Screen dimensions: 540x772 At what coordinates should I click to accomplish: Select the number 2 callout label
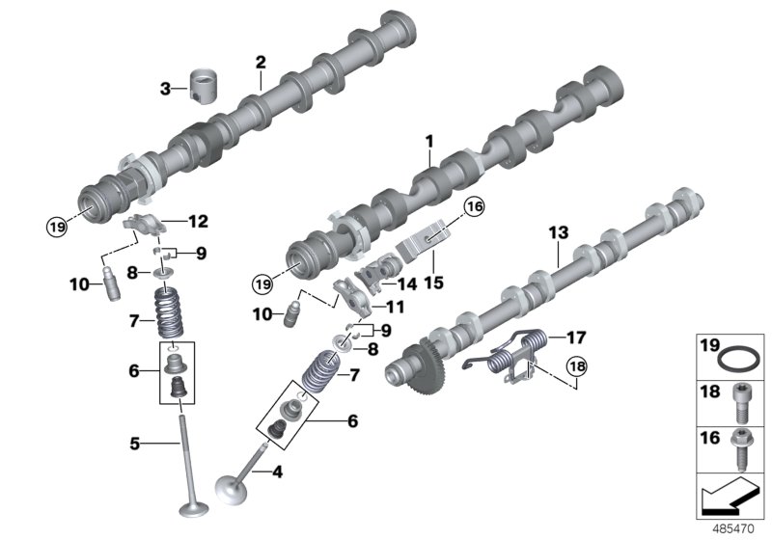(x=260, y=62)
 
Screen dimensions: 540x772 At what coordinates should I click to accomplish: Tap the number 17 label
(x=576, y=337)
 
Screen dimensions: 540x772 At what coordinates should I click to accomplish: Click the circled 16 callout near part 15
(x=473, y=206)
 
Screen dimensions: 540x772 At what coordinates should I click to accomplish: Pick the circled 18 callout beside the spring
(x=577, y=366)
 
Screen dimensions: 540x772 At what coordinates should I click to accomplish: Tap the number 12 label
(x=197, y=222)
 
